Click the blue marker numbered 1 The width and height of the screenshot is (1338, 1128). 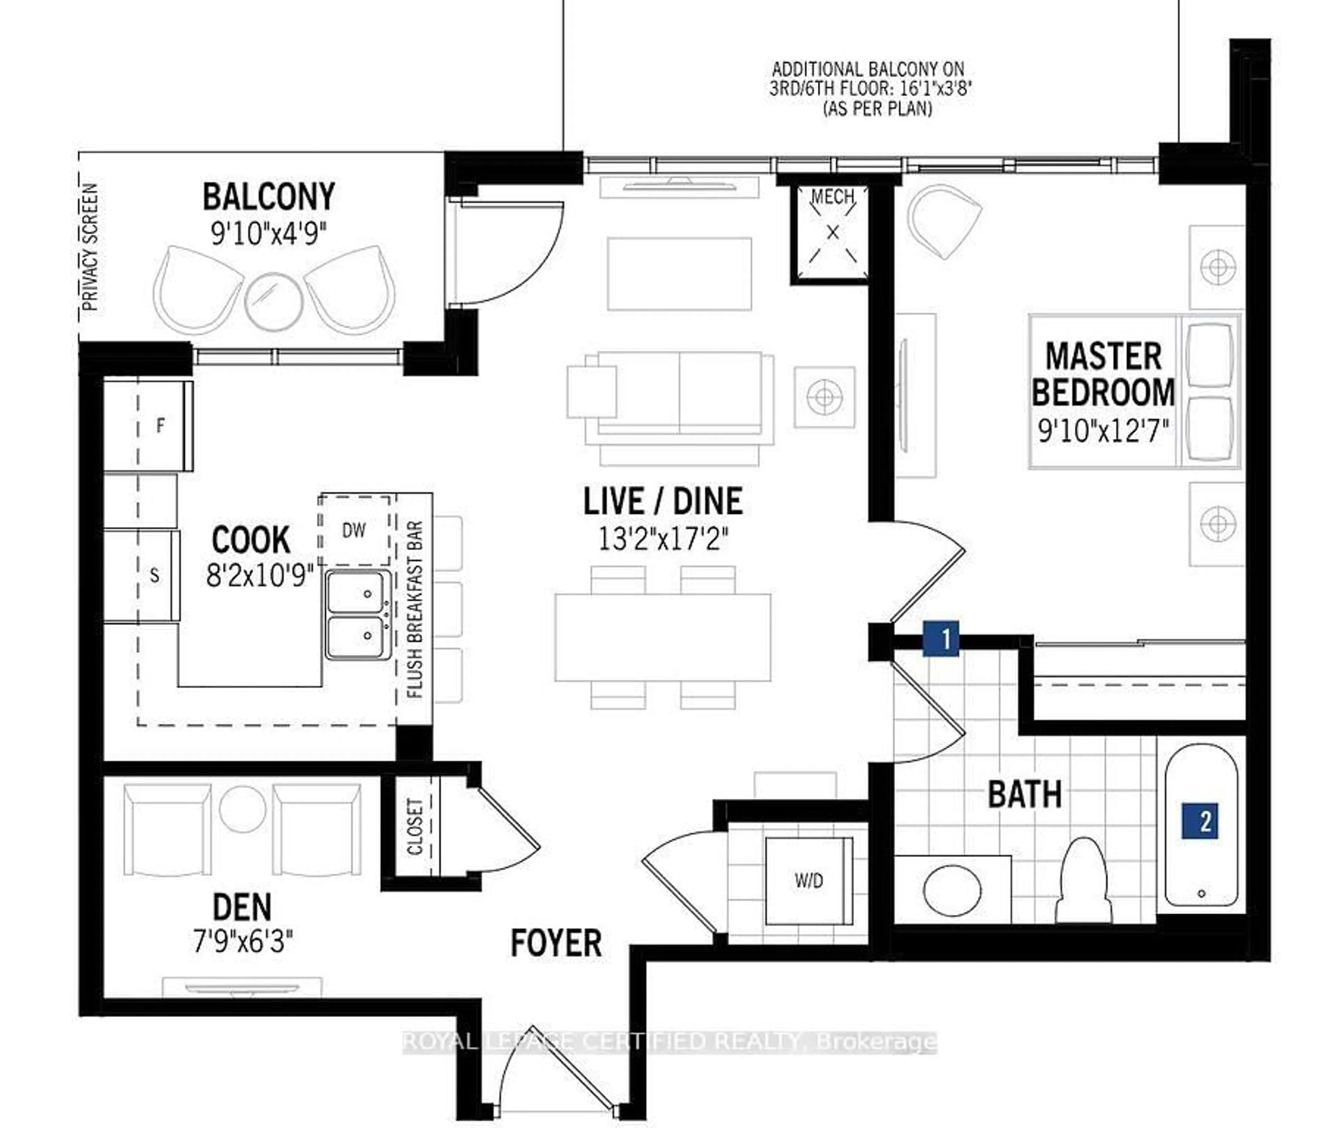pyautogui.click(x=940, y=638)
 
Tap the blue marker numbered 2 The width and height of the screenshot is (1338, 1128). pyautogui.click(x=1200, y=820)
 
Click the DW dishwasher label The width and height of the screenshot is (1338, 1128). pyautogui.click(x=354, y=530)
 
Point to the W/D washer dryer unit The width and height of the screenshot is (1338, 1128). pyautogui.click(x=809, y=881)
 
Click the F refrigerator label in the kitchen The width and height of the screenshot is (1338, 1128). pyautogui.click(x=161, y=425)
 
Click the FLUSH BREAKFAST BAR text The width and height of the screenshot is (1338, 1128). pyautogui.click(x=414, y=609)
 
